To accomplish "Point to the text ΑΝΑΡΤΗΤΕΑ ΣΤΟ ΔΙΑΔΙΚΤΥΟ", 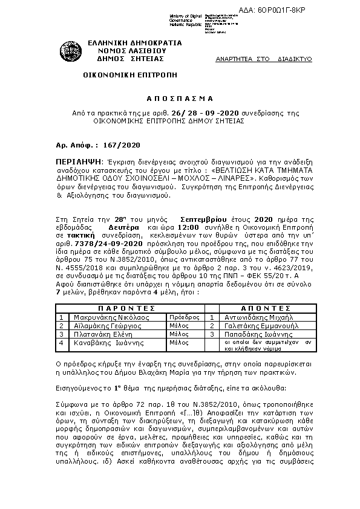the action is coord(263,59).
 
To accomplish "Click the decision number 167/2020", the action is coord(122,145).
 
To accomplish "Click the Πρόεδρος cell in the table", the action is coord(184,316).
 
